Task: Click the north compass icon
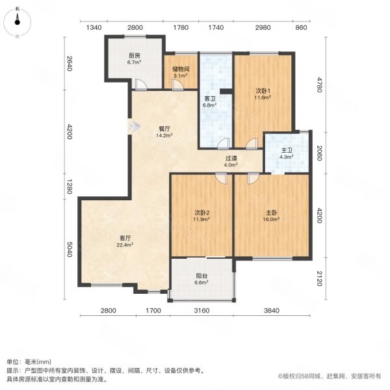[17, 22]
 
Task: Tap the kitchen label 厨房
[135, 56]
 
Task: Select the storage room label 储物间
[181, 69]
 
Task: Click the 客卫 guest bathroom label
[210, 99]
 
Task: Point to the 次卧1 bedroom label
[263, 91]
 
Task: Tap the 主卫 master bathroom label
[287, 151]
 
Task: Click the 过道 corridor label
[231, 158]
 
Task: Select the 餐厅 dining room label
[164, 129]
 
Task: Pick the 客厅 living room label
[125, 238]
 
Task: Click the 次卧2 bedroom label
[201, 213]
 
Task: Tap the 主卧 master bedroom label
[271, 213]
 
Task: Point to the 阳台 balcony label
[201, 276]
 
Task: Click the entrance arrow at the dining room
[134, 126]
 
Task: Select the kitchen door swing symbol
[141, 84]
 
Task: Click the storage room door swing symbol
[177, 84]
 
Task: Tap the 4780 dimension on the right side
[319, 84]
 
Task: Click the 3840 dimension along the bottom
[271, 311]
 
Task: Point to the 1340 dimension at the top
[94, 27]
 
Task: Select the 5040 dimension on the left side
[70, 250]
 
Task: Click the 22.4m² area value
[125, 245]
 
